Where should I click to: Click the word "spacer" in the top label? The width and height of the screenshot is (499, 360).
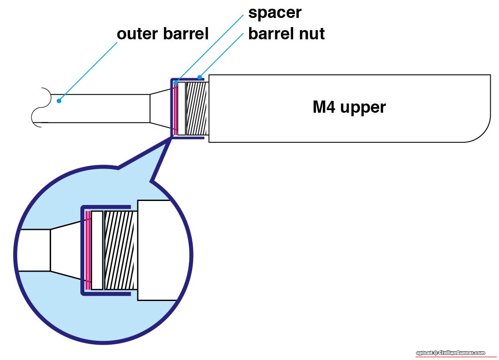(274, 13)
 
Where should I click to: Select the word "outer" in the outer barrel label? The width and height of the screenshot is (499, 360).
(137, 34)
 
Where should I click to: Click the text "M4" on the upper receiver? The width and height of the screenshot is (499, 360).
(324, 107)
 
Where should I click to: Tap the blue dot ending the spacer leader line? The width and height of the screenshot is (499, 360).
(175, 83)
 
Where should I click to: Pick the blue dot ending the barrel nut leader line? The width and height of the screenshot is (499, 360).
(200, 78)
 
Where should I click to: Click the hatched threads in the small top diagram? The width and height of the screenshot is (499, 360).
(196, 108)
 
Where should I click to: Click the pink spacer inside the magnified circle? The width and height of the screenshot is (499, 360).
(88, 250)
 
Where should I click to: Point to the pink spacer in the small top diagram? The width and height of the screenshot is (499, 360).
(176, 108)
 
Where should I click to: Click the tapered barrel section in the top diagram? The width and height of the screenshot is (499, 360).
(160, 108)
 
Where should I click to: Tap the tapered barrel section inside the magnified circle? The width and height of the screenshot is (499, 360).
(66, 250)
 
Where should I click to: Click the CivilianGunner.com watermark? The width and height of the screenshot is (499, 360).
(450, 353)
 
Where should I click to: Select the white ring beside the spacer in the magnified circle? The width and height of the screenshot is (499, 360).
(97, 250)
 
